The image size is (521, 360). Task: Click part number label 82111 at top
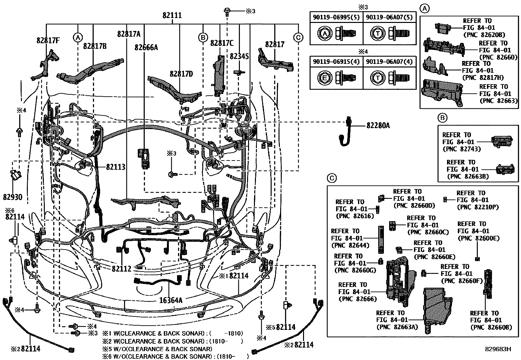pos(172,15)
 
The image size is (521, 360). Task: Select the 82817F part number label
pos(48,40)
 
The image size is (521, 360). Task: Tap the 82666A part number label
pos(146,47)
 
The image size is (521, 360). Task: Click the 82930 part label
pos(13,197)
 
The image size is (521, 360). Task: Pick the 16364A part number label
pos(171,300)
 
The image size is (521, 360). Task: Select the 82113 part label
pos(116,167)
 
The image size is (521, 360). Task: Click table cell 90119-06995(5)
pos(336,17)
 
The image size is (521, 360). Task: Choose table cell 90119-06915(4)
pos(336,62)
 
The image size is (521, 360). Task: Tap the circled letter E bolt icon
pos(323,78)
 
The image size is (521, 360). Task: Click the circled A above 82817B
pos(77,38)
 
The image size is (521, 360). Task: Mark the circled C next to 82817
pos(298,38)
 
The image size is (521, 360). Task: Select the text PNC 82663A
pos(397,327)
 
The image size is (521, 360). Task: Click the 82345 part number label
pos(239,56)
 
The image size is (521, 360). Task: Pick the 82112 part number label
pos(121,269)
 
